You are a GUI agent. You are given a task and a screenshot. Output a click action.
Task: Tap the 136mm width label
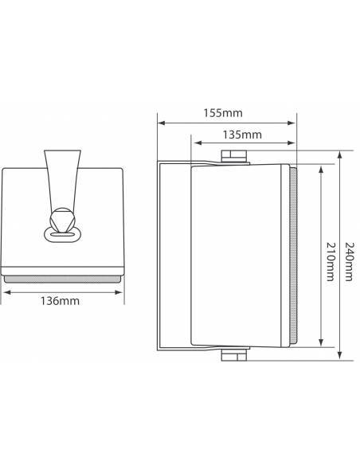coord(64,302)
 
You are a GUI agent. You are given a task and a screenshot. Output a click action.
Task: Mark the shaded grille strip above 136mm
coord(64,278)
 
